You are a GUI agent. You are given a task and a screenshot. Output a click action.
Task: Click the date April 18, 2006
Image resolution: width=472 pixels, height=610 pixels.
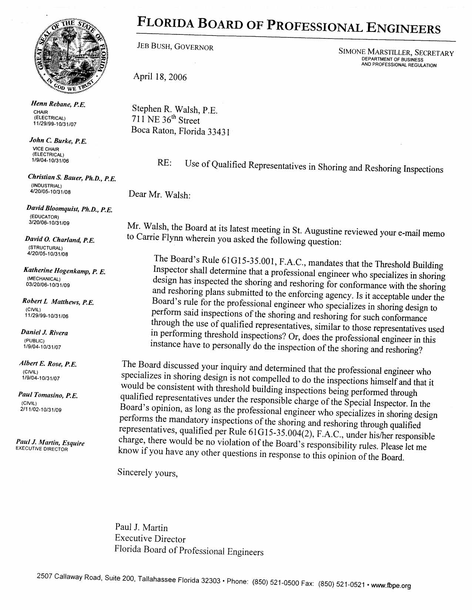(160, 77)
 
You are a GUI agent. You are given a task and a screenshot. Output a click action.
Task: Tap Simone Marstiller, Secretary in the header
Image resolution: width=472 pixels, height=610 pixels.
(396, 53)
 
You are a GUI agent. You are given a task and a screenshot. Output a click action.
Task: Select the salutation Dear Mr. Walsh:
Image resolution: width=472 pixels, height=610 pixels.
(159, 194)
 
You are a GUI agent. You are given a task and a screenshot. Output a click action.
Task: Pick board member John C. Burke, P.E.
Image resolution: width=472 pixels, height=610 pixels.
(58, 141)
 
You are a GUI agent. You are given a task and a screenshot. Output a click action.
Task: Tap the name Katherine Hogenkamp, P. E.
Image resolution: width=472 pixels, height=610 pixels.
(64, 271)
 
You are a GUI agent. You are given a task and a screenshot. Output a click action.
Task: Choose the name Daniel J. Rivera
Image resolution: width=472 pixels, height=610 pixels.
(44, 333)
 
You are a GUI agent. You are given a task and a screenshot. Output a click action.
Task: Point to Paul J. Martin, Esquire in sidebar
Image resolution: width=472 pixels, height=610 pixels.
(50, 443)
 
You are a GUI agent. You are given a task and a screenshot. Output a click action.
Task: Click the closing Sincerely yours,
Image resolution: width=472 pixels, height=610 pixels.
(147, 472)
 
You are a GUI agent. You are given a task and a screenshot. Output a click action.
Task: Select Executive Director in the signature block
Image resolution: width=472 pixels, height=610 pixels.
(150, 539)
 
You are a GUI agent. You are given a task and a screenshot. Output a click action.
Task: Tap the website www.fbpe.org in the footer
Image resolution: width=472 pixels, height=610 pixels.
(391, 586)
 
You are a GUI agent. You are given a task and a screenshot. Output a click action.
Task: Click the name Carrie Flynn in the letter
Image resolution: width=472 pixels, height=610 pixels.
(155, 237)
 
